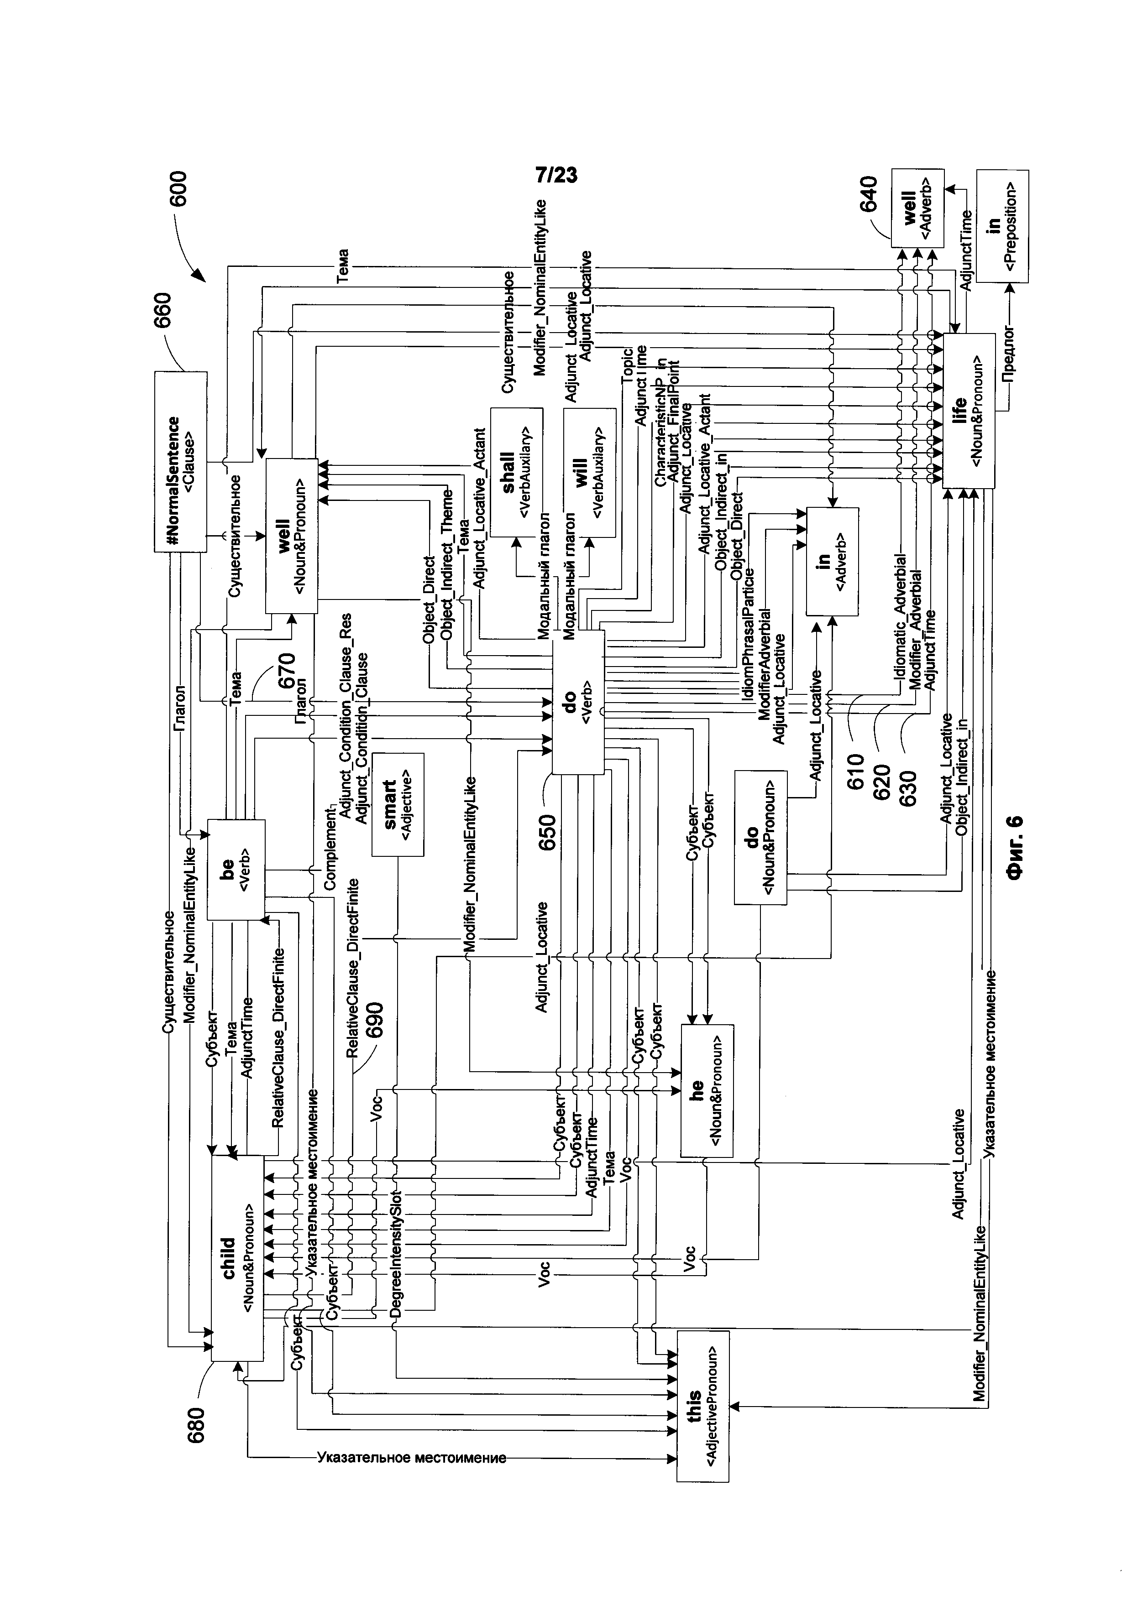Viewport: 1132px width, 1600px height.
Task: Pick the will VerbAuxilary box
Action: [x=590, y=473]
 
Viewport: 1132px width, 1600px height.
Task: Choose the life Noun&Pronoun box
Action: [x=968, y=411]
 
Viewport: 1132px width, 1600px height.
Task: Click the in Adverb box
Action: [x=832, y=562]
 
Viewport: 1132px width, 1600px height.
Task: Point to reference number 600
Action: [x=180, y=188]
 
